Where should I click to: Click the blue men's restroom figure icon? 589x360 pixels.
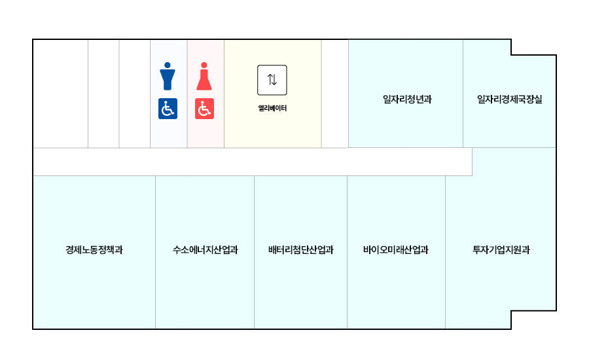[168, 76]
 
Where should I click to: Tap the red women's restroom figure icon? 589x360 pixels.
[205, 76]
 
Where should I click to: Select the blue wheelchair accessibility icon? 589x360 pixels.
[168, 109]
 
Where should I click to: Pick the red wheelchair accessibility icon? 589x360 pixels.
[205, 109]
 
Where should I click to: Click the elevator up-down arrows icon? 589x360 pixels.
[272, 80]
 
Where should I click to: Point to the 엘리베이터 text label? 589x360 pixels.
[272, 108]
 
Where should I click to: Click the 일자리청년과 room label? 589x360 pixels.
[407, 99]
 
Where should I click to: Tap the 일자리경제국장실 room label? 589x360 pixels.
[510, 99]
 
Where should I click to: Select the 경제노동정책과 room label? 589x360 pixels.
[94, 249]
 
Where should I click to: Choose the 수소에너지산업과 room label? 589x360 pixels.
[205, 249]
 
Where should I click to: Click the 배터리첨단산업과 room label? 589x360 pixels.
[301, 249]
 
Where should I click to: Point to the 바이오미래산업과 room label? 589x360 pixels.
[396, 249]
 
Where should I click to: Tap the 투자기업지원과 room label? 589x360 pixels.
[501, 249]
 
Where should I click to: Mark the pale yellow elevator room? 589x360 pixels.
[272, 131]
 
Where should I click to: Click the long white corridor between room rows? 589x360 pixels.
[252, 162]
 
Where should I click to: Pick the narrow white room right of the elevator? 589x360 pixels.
[334, 94]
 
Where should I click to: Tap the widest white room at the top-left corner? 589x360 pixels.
[60, 94]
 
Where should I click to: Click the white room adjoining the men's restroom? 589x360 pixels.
[135, 94]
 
